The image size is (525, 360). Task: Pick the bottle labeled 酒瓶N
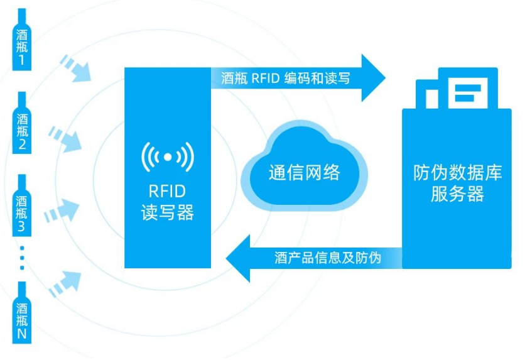[22, 314]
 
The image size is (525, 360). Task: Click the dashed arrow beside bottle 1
[75, 68]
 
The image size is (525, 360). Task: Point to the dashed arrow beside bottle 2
[65, 138]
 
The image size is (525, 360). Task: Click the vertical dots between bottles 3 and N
[22, 258]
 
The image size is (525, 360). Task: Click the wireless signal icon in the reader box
[167, 156]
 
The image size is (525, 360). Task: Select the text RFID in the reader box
[167, 190]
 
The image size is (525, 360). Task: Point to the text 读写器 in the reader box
[167, 212]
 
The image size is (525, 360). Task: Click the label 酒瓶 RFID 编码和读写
[286, 79]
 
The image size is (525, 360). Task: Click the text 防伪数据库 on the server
[457, 172]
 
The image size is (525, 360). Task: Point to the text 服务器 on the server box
[457, 194]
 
